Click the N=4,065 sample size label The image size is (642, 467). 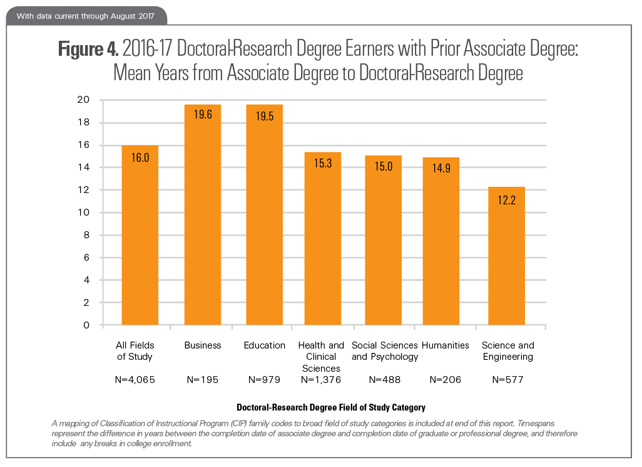135,380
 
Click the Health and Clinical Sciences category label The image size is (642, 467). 322,357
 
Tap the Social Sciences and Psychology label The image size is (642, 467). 384,351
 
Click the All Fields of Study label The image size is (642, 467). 135,351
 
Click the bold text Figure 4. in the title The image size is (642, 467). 85,50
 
